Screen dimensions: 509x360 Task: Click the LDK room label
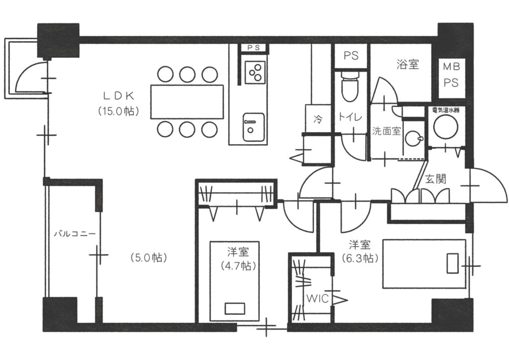click(118, 95)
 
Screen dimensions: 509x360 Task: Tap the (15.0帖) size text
click(118, 111)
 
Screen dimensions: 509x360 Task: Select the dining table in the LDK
click(187, 101)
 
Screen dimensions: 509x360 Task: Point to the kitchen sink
click(254, 127)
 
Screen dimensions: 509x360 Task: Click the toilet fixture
click(350, 86)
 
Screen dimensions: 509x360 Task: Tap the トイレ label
click(350, 116)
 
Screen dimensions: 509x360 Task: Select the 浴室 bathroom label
click(408, 64)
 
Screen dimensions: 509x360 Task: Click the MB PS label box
click(451, 78)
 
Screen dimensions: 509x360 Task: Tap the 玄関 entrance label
click(435, 179)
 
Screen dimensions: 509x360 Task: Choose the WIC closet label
click(318, 299)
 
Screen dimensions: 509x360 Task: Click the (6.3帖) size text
click(360, 259)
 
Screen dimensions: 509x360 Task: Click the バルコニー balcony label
click(75, 233)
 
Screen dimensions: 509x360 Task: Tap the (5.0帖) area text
click(149, 258)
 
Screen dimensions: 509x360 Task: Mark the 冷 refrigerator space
click(318, 119)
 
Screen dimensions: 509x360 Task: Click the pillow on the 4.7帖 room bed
click(235, 308)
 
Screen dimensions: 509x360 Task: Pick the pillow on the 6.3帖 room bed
click(452, 263)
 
